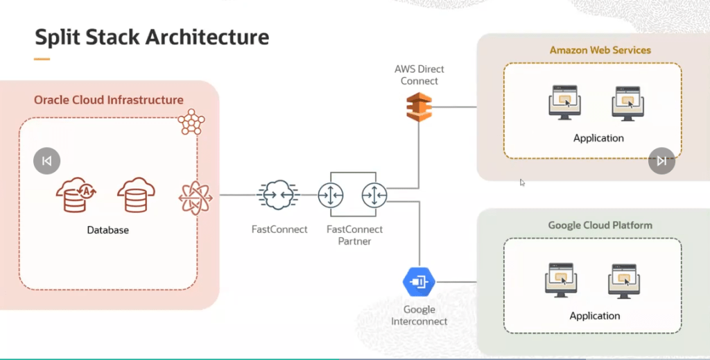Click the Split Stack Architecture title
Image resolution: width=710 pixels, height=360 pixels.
click(x=152, y=36)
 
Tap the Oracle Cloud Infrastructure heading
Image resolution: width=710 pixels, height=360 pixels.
click(x=109, y=100)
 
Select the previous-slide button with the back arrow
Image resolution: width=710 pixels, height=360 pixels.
click(x=46, y=161)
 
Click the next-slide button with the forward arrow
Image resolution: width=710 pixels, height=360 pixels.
click(x=661, y=161)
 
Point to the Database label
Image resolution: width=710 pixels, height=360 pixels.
click(x=107, y=230)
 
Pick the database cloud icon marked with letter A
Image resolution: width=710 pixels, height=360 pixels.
click(x=76, y=196)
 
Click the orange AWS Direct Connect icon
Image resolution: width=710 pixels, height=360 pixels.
click(x=419, y=107)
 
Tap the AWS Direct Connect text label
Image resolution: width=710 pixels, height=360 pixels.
click(x=419, y=75)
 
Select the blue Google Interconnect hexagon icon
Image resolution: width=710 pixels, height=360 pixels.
click(x=419, y=282)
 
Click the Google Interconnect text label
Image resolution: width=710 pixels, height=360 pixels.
click(x=419, y=315)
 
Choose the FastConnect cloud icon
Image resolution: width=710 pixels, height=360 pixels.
click(x=279, y=196)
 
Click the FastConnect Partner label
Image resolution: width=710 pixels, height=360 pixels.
click(x=354, y=235)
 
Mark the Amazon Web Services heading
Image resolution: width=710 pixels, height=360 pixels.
click(x=600, y=50)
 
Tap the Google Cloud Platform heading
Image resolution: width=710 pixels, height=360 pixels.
click(x=600, y=225)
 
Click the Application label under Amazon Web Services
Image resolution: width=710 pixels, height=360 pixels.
click(x=598, y=138)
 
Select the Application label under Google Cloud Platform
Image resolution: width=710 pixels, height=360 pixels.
click(x=594, y=316)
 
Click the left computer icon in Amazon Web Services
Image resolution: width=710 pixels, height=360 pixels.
click(x=564, y=103)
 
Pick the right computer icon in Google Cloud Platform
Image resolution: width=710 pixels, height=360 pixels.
click(x=624, y=279)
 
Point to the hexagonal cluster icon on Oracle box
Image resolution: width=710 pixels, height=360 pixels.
click(x=191, y=123)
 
